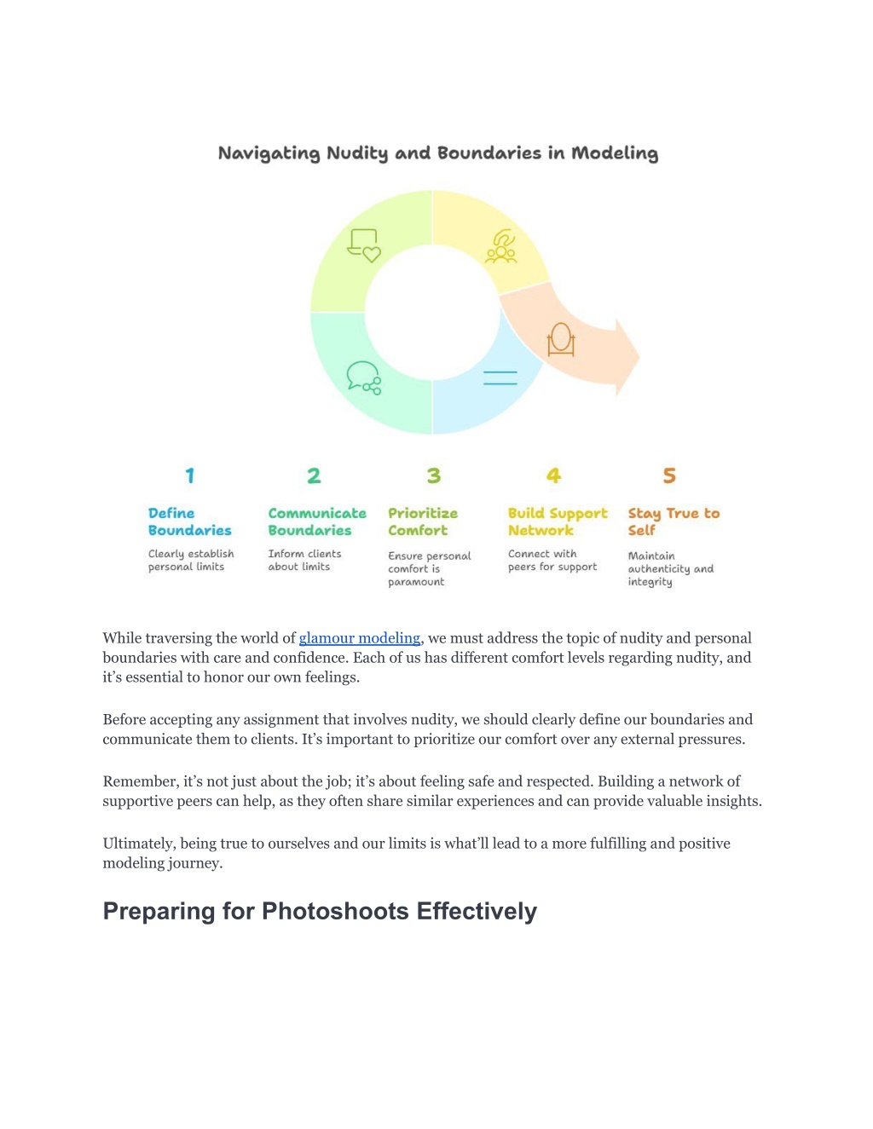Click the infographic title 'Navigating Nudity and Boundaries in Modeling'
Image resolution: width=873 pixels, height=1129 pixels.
[x=438, y=153]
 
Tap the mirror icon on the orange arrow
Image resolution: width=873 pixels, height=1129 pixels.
[x=561, y=340]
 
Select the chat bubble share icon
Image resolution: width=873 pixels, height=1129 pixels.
[x=364, y=377]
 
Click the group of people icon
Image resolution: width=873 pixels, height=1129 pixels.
[x=500, y=246]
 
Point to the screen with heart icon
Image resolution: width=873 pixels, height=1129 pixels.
[x=364, y=245]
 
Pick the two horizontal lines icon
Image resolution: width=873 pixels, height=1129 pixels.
[x=500, y=377]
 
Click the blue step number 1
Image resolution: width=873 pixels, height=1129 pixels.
[x=190, y=475]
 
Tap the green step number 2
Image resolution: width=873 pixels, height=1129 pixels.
[x=314, y=475]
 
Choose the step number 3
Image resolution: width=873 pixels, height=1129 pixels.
[x=434, y=475]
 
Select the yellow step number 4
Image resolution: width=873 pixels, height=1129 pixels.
[x=553, y=475]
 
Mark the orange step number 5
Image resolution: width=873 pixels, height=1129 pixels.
[x=669, y=475]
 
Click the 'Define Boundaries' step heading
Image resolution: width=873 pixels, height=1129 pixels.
[x=189, y=521]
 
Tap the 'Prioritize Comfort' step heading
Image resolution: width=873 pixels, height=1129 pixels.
[x=423, y=521]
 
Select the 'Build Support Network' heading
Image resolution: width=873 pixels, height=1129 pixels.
[x=558, y=521]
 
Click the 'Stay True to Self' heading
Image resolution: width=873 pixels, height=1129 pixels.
[x=674, y=521]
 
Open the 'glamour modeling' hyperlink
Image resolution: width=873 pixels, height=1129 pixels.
[x=360, y=638]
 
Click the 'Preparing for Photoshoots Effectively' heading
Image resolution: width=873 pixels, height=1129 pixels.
[x=320, y=912]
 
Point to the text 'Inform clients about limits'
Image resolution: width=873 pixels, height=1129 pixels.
[x=304, y=560]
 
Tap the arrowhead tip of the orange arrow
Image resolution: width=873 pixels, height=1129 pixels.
[x=639, y=357]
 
